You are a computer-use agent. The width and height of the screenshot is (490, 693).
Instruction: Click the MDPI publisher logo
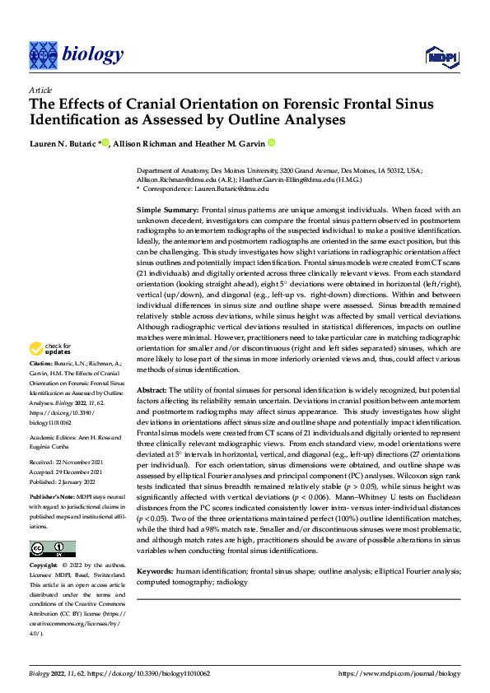tap(441, 55)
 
